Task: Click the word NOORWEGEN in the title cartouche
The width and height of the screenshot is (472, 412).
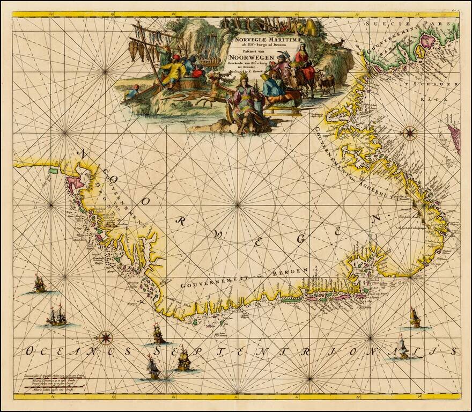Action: click(x=249, y=59)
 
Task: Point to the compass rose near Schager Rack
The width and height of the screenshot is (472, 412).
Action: click(x=410, y=130)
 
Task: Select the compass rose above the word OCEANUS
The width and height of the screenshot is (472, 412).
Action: click(x=106, y=337)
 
